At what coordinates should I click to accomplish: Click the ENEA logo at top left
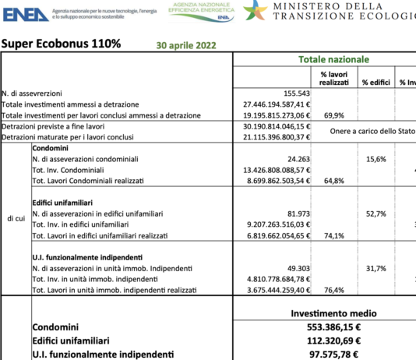tap(24, 12)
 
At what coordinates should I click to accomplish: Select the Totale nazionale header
tap(334, 59)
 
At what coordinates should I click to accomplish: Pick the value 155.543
tap(288, 93)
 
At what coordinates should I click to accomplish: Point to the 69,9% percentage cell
tap(332, 115)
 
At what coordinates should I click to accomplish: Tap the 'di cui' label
tap(16, 218)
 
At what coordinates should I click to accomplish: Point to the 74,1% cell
tap(332, 235)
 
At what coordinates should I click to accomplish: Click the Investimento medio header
tap(333, 312)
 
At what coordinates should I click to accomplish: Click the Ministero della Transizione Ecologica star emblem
tap(255, 11)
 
